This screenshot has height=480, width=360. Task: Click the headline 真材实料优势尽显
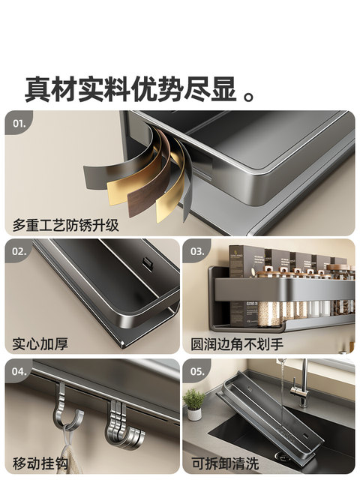click(132, 88)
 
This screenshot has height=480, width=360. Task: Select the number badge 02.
click(19, 250)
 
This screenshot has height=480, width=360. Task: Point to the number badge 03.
click(197, 250)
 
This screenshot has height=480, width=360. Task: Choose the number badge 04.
click(19, 370)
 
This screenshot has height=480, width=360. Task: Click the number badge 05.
click(197, 370)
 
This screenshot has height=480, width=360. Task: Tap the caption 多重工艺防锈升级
click(65, 224)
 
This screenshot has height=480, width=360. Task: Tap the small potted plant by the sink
click(193, 403)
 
